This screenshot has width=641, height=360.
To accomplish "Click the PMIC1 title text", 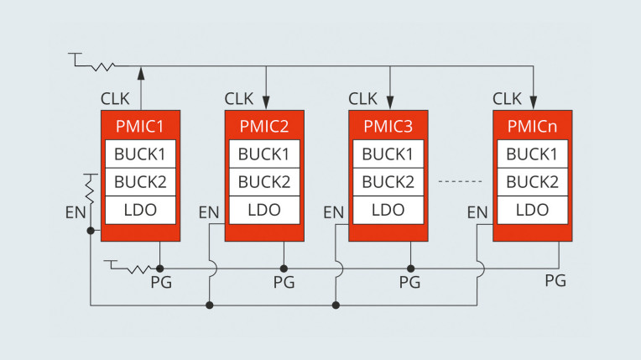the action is (140, 126).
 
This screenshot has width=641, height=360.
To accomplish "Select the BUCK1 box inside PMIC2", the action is (264, 154).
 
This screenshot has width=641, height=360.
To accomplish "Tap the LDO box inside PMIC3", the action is (388, 210).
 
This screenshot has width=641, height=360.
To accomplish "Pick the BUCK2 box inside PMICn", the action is (532, 181).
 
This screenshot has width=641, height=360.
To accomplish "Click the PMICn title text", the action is (532, 126).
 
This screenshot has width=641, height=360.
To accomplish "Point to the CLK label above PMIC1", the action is (115, 99).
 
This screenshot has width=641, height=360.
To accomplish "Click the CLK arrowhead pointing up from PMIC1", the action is (141, 73).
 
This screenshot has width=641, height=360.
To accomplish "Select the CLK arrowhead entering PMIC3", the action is (390, 102).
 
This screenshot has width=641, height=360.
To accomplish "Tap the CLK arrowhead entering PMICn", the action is (533, 102).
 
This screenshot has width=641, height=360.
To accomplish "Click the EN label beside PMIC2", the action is (209, 213).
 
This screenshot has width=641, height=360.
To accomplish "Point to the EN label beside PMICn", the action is (477, 213).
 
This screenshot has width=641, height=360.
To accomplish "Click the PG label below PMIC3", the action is (409, 282).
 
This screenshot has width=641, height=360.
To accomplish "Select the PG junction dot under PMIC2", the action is (284, 269).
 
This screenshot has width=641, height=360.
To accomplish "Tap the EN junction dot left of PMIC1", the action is (91, 231).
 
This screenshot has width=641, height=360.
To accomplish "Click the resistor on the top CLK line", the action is (103, 66).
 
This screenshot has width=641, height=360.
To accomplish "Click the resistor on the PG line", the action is (139, 269).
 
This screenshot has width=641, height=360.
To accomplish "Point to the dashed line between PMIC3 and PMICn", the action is (461, 180).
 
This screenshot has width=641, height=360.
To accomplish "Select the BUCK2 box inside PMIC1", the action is (141, 181).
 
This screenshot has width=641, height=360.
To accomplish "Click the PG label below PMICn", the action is (555, 280).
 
